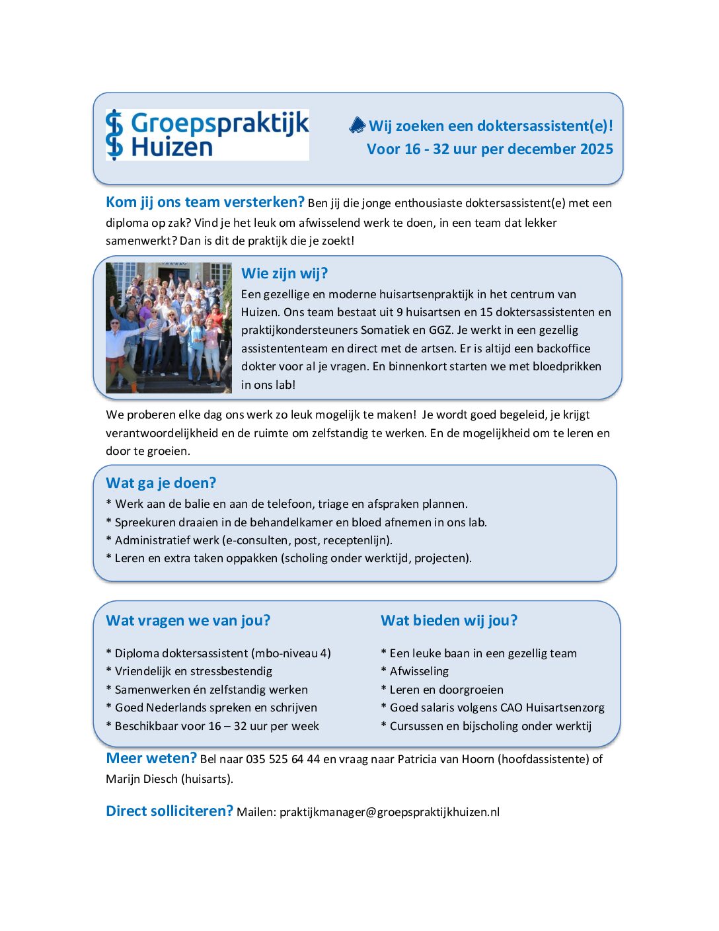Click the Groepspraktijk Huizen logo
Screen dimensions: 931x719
click(x=207, y=135)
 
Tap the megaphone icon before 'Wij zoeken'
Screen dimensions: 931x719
click(x=358, y=125)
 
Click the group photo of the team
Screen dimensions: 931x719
click(x=169, y=327)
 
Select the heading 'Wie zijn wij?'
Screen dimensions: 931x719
click(x=284, y=274)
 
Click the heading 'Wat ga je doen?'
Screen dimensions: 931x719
click(x=161, y=483)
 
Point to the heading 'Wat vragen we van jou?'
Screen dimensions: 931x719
click(x=188, y=621)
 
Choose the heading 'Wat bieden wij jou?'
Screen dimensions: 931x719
click(x=449, y=621)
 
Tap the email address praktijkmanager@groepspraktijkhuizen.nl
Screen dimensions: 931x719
click(x=389, y=812)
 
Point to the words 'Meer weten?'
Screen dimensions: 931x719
click(x=151, y=758)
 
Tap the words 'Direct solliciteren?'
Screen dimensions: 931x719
click(x=169, y=811)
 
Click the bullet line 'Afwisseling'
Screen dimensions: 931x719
click(x=419, y=672)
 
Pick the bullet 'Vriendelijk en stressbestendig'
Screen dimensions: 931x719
click(x=193, y=672)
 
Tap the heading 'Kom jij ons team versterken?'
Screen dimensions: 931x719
click(x=205, y=202)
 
